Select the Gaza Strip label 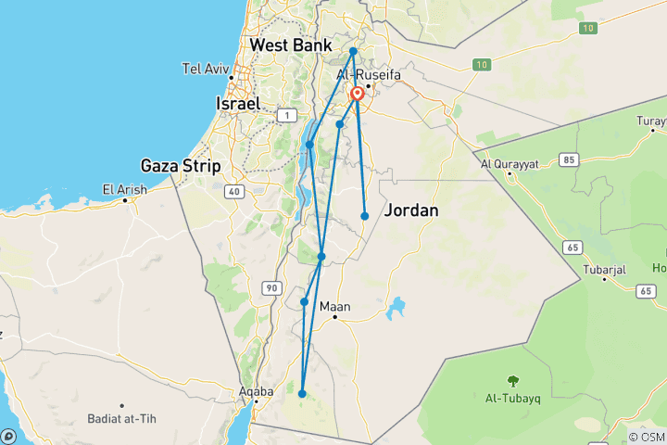(x=181, y=166)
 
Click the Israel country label (x=237, y=104)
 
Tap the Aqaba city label (x=256, y=391)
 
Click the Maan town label (x=334, y=307)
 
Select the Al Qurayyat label (x=510, y=164)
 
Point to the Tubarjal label (x=605, y=269)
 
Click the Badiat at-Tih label (x=122, y=418)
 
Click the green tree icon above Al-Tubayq (x=511, y=380)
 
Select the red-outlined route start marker (x=357, y=94)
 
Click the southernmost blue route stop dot (x=302, y=394)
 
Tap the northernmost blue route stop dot (x=354, y=51)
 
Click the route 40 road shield (x=235, y=192)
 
